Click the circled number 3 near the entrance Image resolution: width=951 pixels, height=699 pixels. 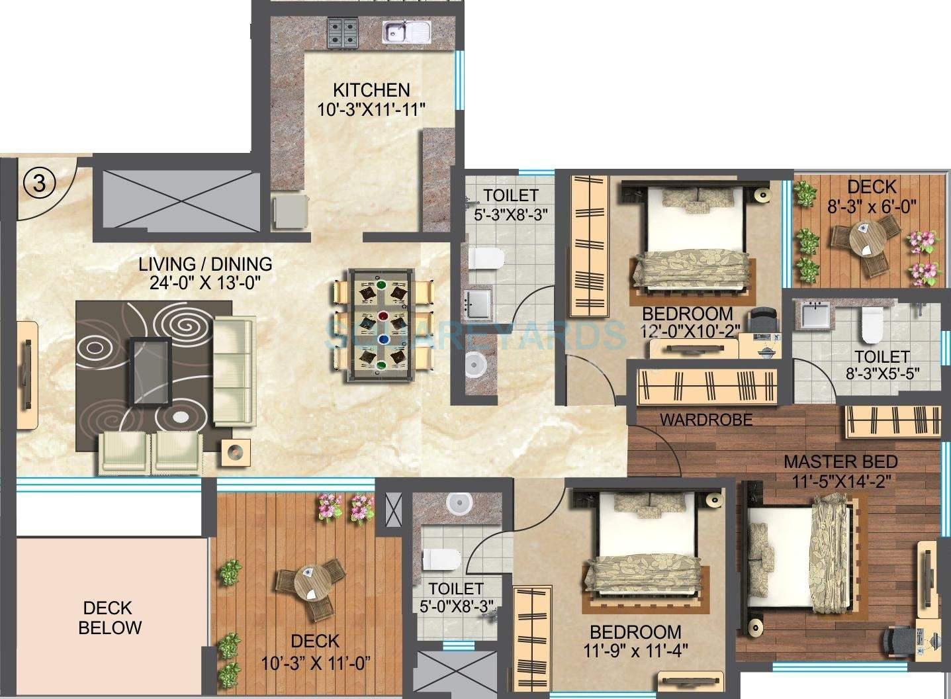click(40, 183)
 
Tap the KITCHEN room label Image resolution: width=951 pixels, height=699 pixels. click(371, 90)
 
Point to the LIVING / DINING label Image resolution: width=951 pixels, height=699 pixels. click(205, 264)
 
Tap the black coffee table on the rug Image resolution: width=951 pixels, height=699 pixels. click(151, 371)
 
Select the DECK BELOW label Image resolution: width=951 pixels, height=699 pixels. click(109, 618)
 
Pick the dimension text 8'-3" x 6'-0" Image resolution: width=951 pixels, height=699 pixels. click(871, 206)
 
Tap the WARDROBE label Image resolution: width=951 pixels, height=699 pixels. click(706, 420)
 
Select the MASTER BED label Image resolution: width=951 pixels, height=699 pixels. click(840, 461)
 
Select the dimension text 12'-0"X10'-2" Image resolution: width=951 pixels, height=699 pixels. click(688, 331)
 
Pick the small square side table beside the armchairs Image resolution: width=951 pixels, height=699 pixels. click(236, 452)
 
